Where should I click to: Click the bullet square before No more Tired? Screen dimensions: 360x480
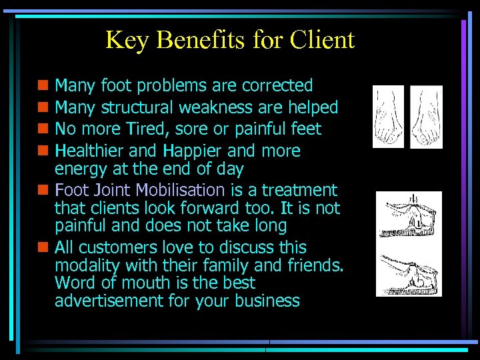point(43,129)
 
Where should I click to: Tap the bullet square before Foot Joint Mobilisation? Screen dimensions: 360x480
point(43,191)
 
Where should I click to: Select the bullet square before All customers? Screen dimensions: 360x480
point(43,247)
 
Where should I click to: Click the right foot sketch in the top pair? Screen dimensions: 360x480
point(426,117)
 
